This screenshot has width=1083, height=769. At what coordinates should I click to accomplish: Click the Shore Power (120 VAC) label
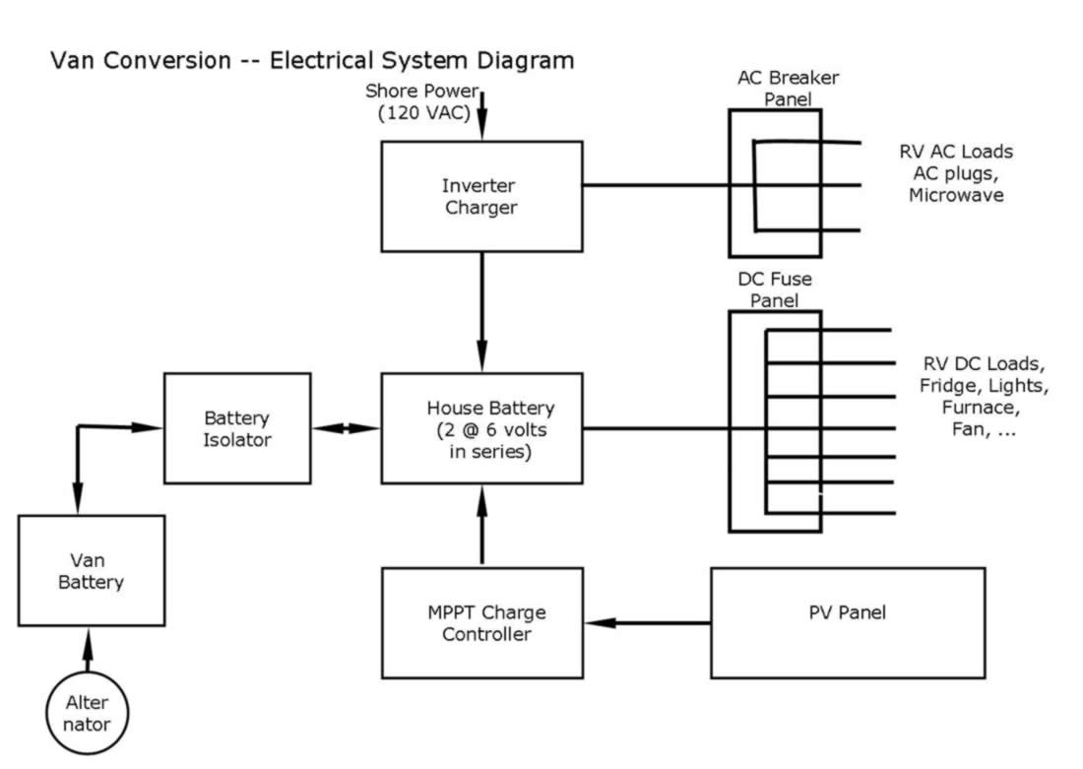pyautogui.click(x=422, y=101)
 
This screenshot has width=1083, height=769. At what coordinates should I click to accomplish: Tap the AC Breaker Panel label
pyautogui.click(x=788, y=88)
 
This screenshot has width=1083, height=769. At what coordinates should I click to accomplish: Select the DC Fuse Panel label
pyautogui.click(x=774, y=289)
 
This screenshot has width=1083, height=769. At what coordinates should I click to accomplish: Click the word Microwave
pyautogui.click(x=956, y=195)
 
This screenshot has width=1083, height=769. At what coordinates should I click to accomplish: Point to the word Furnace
pyautogui.click(x=980, y=407)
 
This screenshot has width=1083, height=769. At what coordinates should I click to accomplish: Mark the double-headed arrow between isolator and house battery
pyautogui.click(x=346, y=428)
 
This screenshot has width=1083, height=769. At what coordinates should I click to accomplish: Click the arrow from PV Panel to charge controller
pyautogui.click(x=647, y=623)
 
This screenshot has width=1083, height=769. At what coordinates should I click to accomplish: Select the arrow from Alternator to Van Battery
pyautogui.click(x=88, y=650)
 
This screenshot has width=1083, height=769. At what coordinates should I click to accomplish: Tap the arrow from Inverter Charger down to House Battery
pyautogui.click(x=482, y=312)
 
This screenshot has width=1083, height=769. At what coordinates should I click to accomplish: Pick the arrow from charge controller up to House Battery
pyautogui.click(x=482, y=525)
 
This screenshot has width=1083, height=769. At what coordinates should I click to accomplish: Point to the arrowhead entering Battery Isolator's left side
pyautogui.click(x=147, y=427)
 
